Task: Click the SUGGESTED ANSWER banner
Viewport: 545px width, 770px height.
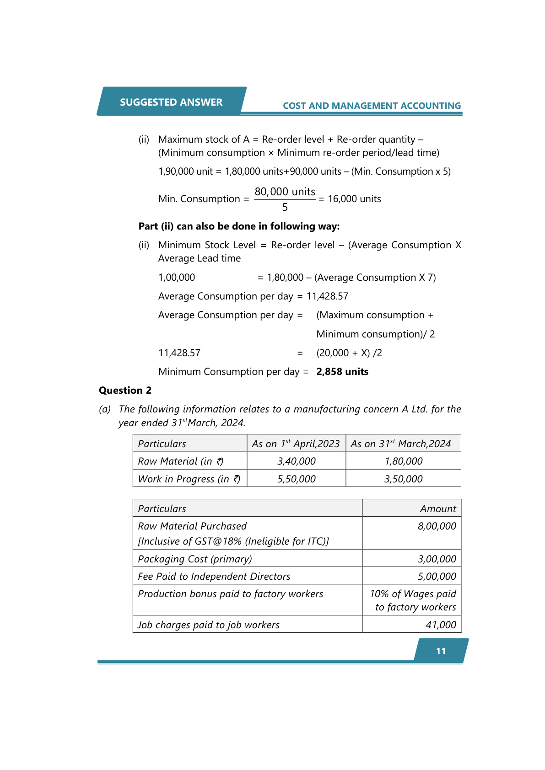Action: click(171, 102)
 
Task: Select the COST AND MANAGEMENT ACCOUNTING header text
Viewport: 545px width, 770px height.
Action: click(372, 106)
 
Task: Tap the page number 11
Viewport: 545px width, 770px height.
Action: click(441, 651)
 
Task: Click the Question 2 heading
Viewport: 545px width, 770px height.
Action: click(125, 390)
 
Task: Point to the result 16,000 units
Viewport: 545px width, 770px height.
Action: click(354, 199)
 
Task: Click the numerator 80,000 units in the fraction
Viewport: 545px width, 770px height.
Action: click(285, 192)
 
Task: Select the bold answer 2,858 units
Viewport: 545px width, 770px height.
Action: click(342, 372)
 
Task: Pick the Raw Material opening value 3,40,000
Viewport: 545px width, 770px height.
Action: click(297, 461)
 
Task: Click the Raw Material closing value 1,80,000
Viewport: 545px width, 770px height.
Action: click(404, 461)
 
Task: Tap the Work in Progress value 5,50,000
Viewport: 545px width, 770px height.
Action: click(297, 479)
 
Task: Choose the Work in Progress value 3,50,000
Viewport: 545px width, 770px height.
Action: click(404, 479)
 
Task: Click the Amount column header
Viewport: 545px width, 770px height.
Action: click(438, 508)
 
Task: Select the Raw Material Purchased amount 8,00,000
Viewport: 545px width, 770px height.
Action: click(437, 526)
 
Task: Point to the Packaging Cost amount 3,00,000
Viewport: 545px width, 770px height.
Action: click(437, 559)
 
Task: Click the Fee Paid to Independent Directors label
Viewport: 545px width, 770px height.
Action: click(214, 576)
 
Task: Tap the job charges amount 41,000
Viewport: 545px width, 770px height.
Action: click(441, 625)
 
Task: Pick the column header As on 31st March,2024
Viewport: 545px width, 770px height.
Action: click(401, 444)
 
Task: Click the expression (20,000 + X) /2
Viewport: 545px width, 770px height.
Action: click(349, 353)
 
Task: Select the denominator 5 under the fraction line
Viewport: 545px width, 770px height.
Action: click(285, 208)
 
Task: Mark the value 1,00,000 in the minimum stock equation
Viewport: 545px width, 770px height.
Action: click(177, 278)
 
